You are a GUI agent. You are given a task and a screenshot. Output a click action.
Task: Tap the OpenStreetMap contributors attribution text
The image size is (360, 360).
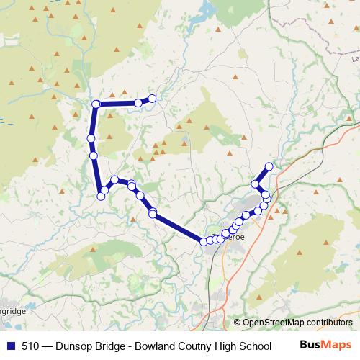coord(297,323)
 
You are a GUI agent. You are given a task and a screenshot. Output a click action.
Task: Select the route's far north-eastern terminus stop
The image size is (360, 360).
coord(269,167)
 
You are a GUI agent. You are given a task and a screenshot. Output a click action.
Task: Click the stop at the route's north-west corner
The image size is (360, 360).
coord(96,104)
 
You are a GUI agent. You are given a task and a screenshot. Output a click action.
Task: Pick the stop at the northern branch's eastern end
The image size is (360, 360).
coord(152,99)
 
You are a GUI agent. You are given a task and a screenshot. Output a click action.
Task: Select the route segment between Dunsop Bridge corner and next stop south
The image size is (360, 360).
coord(94,121)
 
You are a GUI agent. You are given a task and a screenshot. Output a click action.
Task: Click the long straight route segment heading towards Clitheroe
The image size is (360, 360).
coord(178,228)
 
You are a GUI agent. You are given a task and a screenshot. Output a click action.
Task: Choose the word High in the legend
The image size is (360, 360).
coord(229,346)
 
